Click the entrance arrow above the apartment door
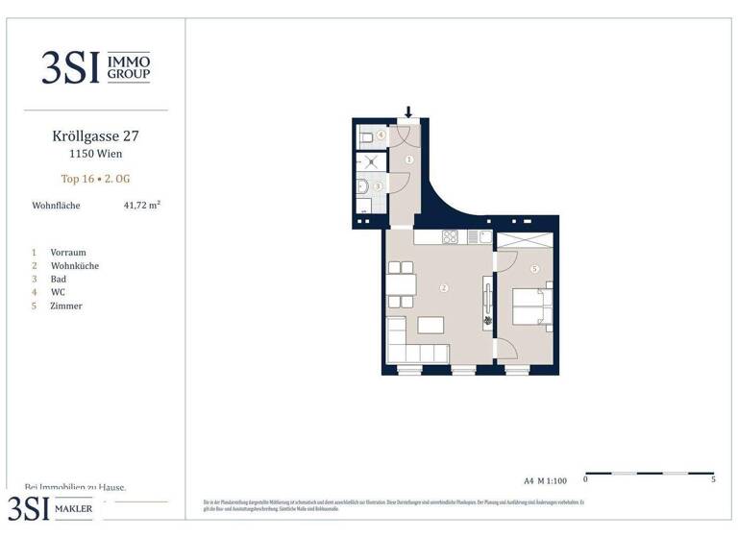408,112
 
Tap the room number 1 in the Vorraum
408,159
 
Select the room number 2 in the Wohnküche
443,287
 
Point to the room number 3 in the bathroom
379,186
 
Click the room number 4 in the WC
381,136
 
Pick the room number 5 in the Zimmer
534,269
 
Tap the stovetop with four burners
449,237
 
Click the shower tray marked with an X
369,160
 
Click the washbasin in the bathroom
362,187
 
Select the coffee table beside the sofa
430,325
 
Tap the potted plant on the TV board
487,321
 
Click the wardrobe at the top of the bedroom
525,241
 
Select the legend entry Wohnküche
74,265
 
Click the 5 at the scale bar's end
713,477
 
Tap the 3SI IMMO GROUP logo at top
95,67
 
